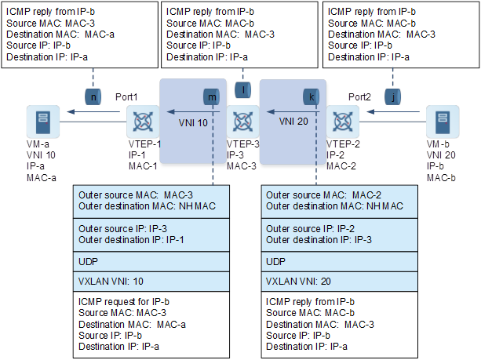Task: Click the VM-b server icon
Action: [x=442, y=123]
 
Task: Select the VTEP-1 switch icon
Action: [x=142, y=124]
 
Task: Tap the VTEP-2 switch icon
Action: [x=342, y=123]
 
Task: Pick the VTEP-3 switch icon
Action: [x=241, y=123]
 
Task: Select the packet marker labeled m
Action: [x=213, y=96]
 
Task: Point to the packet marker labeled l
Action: [x=244, y=89]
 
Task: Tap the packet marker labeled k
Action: [x=312, y=96]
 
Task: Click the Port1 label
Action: [x=126, y=96]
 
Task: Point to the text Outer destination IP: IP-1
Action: [x=131, y=239]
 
